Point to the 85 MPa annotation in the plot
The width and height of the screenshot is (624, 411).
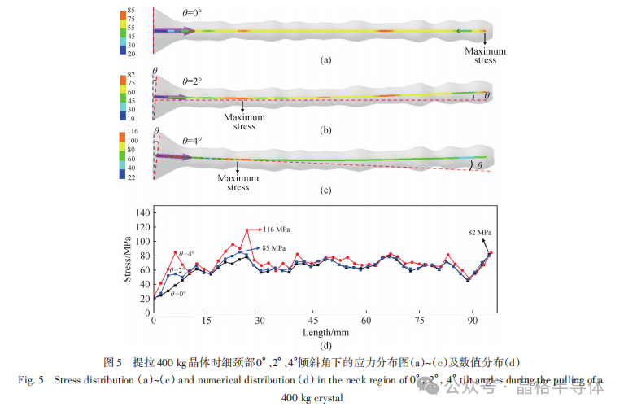click(x=273, y=247)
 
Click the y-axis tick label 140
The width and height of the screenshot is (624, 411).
click(x=143, y=212)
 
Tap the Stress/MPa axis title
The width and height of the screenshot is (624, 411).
click(x=128, y=258)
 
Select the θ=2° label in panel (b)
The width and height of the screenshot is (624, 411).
click(x=192, y=81)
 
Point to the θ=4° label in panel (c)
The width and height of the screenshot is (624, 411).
click(x=192, y=139)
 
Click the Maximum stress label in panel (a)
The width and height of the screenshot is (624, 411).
click(x=485, y=55)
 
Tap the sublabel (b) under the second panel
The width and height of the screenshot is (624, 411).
click(x=326, y=130)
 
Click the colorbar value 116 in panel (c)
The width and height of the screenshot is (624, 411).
click(x=133, y=131)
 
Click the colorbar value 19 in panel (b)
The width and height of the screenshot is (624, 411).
click(x=131, y=118)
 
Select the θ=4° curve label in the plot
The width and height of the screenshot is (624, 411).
click(x=188, y=254)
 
